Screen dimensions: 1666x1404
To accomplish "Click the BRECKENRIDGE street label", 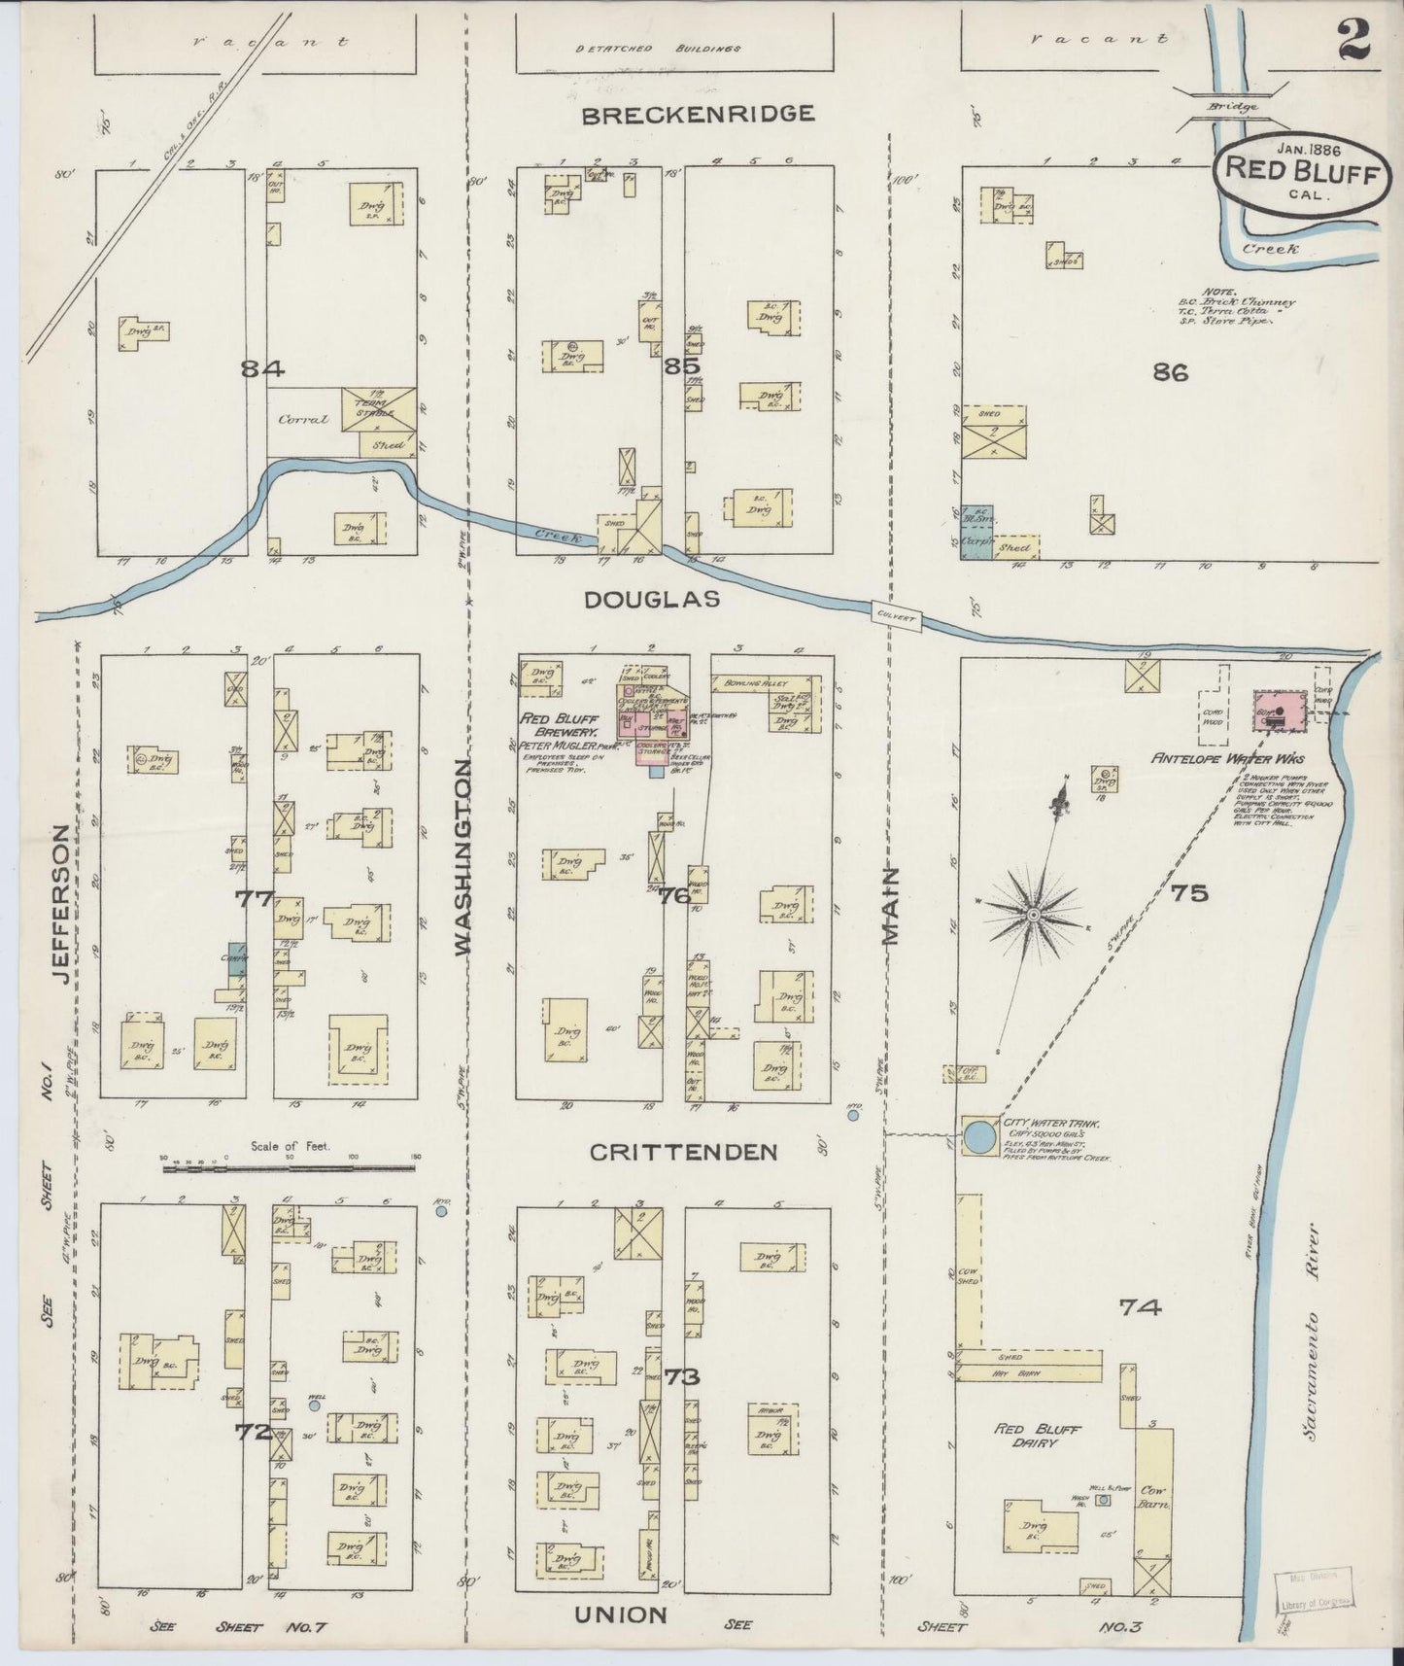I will click(698, 115).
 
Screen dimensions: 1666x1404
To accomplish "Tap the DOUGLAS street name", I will click(652, 601).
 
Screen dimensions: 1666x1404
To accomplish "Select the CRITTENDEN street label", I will click(684, 1152).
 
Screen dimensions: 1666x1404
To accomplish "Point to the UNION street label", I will click(620, 1614).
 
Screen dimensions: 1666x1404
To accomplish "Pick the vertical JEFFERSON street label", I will click(60, 902).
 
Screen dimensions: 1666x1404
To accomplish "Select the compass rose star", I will click(1034, 915).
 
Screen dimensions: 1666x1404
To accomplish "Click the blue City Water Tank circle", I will click(979, 1135).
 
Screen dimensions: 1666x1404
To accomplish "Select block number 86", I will click(1170, 371).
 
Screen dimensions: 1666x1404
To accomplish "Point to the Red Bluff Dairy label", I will click(1037, 1436).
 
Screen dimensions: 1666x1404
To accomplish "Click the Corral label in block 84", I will click(304, 421).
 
